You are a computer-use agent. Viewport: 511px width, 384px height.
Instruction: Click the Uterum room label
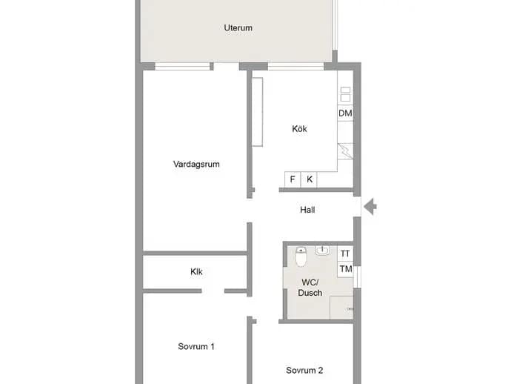(x=238, y=27)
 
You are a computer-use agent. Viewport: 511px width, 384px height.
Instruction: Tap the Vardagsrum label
(x=196, y=164)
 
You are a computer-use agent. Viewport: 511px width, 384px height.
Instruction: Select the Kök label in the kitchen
(x=299, y=128)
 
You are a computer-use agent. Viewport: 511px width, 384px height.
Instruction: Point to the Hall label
(x=307, y=210)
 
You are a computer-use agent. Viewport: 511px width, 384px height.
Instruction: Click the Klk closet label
(x=196, y=271)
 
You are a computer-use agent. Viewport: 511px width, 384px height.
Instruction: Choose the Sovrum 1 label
(x=196, y=346)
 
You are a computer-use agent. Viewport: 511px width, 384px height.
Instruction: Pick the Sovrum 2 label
(x=304, y=371)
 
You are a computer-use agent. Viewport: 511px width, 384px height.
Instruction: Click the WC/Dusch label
(x=310, y=288)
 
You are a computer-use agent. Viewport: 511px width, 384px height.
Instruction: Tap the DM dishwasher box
(x=345, y=113)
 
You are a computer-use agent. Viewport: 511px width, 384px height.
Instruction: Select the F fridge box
(x=293, y=179)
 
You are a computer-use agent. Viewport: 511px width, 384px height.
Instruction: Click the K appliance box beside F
(x=309, y=179)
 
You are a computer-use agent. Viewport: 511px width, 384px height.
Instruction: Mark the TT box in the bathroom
(x=345, y=254)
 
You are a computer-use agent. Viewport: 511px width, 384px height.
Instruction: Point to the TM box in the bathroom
(x=345, y=269)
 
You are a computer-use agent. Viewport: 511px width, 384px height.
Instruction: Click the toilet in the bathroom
(x=301, y=256)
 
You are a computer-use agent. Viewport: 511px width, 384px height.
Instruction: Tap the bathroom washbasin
(x=322, y=251)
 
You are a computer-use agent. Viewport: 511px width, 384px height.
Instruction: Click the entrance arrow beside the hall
(x=370, y=207)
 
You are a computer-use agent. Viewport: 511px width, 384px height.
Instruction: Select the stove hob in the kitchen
(x=345, y=94)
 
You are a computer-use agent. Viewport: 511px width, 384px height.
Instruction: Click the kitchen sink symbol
(x=345, y=151)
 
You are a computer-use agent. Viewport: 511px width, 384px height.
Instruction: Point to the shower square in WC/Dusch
(x=341, y=308)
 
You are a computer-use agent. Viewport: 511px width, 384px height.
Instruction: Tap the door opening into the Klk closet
(x=213, y=291)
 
